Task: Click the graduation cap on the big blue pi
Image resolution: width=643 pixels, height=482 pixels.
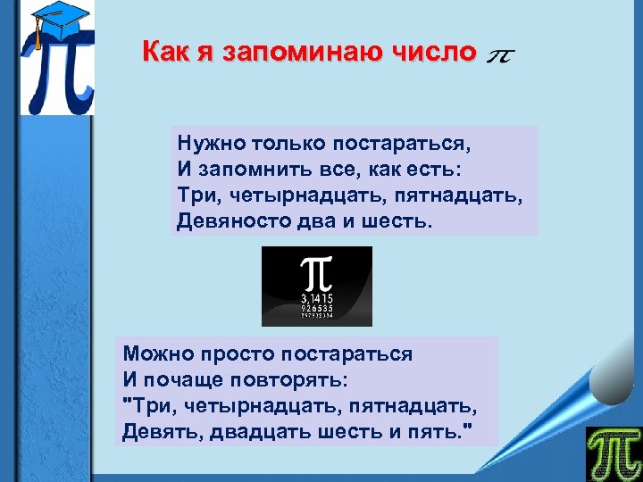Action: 49,24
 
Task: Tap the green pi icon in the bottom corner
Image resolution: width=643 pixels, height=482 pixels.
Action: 614,453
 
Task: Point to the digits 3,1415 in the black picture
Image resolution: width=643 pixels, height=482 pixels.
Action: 317,297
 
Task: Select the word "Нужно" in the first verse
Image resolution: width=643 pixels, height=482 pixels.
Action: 205,143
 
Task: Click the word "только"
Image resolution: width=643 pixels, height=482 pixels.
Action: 282,143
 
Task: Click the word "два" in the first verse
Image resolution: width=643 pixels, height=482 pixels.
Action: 306,220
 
